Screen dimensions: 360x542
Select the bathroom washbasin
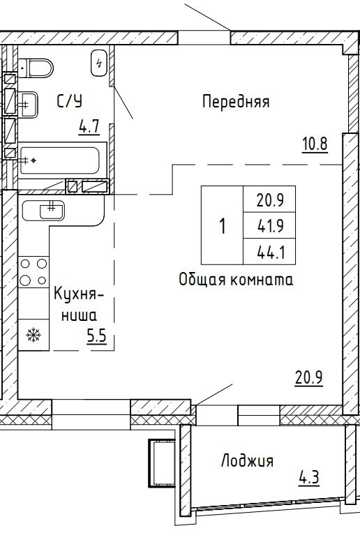click(x=28, y=105)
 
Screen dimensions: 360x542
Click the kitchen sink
click(x=43, y=210)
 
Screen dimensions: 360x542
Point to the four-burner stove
click(x=33, y=271)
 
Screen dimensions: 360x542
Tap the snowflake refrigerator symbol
click(x=33, y=335)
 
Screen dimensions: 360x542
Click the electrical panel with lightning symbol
click(x=99, y=63)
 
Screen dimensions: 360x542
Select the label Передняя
click(x=236, y=102)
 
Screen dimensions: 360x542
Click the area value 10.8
click(x=315, y=144)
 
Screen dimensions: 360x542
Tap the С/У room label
click(x=70, y=101)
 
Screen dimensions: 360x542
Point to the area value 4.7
click(x=89, y=126)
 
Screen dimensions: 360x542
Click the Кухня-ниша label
click(x=79, y=304)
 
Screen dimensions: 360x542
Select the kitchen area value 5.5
click(x=96, y=336)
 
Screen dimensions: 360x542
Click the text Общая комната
click(x=236, y=279)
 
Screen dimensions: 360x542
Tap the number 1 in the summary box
click(x=223, y=226)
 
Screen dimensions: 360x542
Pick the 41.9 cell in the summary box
click(x=270, y=226)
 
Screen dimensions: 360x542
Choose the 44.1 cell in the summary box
click(x=270, y=252)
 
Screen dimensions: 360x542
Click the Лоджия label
click(x=247, y=461)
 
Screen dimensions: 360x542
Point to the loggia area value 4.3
click(x=309, y=478)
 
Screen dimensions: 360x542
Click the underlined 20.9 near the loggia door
click(x=309, y=377)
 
